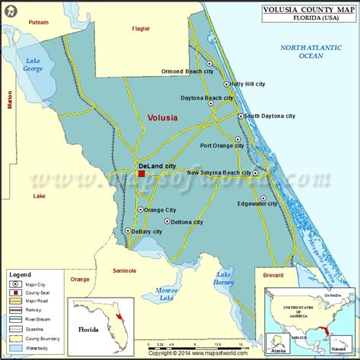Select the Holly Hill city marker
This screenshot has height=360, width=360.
point(226,84)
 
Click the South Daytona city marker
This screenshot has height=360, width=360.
point(241,116)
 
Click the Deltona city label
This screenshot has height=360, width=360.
point(187,223)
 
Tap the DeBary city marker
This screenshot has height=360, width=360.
point(128,231)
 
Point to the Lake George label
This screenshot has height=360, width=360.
point(33,65)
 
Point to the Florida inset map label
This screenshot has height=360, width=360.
point(91,330)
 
